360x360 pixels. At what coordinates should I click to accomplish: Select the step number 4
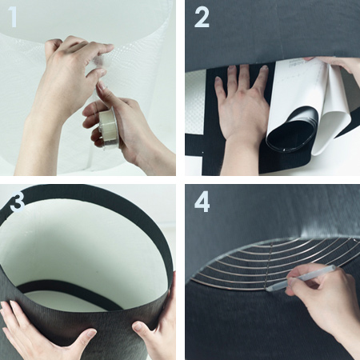tap(202, 201)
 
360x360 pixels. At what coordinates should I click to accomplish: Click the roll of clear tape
tap(108, 127)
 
